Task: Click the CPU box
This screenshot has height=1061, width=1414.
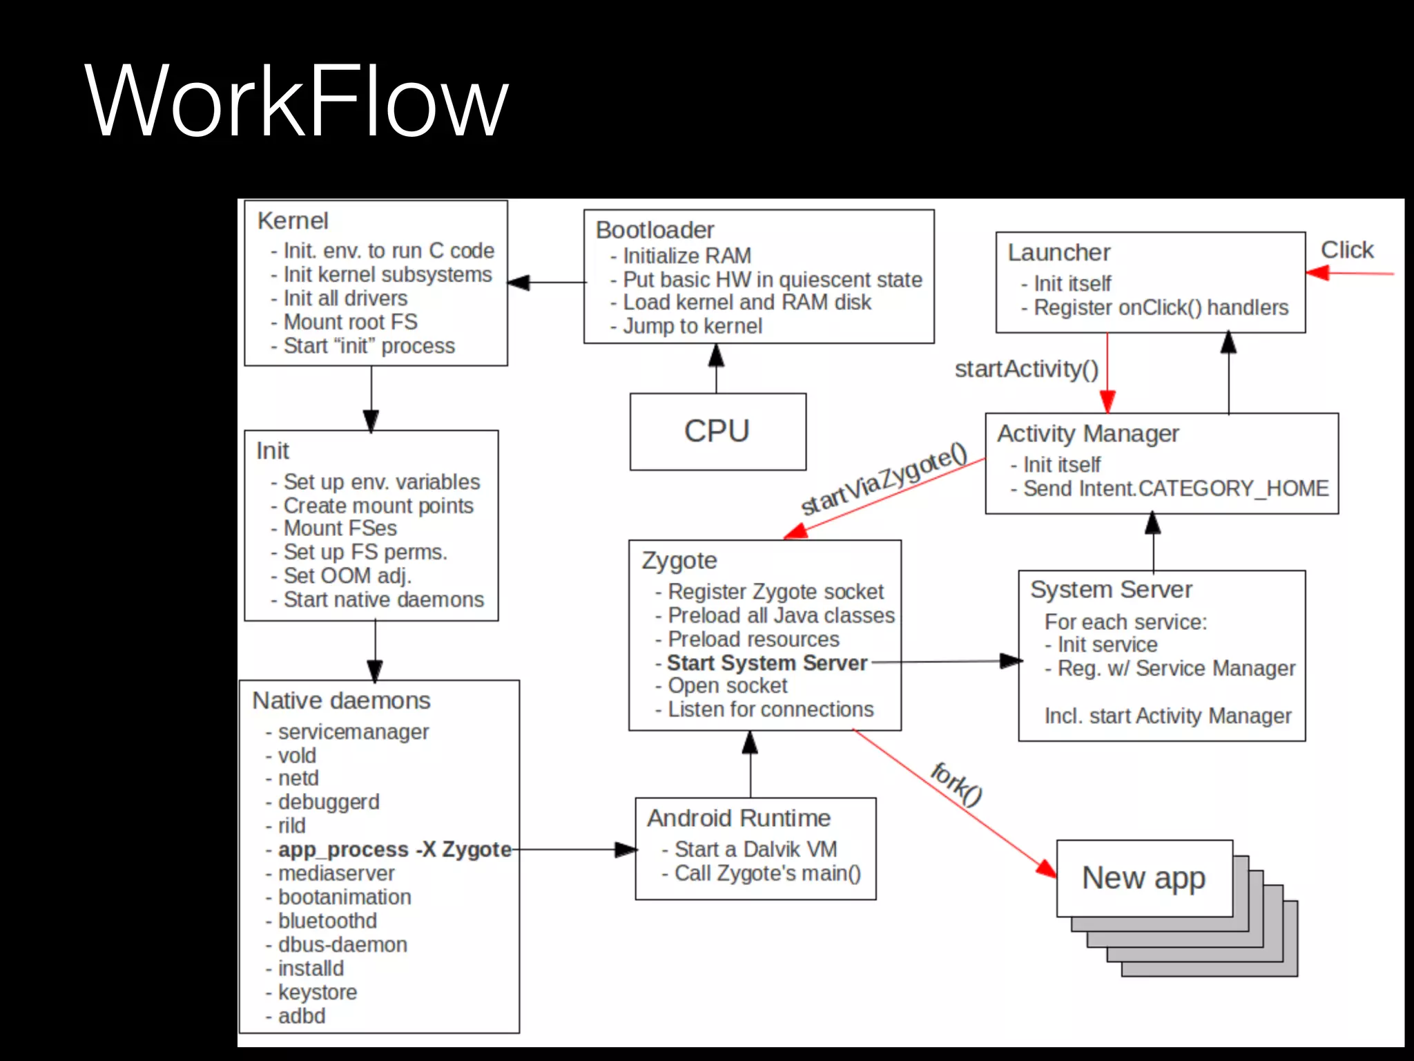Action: (717, 431)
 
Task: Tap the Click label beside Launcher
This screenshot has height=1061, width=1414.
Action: (1346, 249)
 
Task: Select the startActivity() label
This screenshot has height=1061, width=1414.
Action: (1026, 369)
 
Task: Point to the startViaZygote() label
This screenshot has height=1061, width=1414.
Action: (884, 478)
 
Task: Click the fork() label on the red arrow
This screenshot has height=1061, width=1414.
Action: (956, 784)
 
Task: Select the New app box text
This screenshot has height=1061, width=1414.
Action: (1143, 878)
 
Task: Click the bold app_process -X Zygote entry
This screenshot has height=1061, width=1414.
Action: (394, 849)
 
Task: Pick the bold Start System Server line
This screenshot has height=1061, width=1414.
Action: (766, 662)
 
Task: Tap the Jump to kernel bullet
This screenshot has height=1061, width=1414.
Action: (692, 326)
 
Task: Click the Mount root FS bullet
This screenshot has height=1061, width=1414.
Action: (350, 322)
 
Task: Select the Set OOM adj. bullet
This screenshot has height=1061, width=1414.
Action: (347, 575)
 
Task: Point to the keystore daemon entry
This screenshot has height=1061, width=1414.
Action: (317, 992)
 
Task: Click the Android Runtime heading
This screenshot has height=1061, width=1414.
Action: (739, 818)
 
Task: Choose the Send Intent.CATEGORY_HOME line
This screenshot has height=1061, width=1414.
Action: (1175, 488)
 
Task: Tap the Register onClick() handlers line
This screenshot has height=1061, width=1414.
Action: (1161, 307)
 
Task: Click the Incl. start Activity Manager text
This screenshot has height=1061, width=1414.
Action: (1168, 716)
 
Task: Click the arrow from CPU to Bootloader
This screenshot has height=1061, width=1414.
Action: (716, 369)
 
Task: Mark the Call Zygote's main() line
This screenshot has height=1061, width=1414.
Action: (767, 873)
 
